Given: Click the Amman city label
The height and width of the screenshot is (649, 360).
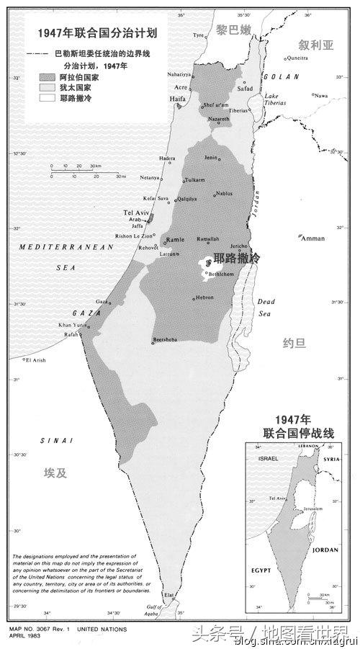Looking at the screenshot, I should (315, 238).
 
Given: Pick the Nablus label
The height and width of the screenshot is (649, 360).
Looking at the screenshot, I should (225, 193).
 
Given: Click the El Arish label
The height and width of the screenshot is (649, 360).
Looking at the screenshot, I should (35, 360).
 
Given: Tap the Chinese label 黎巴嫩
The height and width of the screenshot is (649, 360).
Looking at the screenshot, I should (234, 28).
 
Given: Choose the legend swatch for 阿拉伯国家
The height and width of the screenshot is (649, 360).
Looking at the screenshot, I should (48, 74).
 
